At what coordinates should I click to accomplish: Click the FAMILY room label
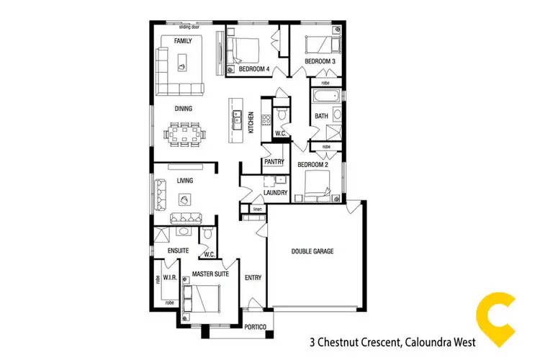point(182,41)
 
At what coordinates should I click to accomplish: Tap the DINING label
point(184,109)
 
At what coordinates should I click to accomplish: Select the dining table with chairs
point(186,132)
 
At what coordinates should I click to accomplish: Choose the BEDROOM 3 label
point(320,63)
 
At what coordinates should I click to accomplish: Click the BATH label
point(322,116)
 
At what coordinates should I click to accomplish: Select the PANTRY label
point(274,161)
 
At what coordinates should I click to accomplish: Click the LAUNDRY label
point(275,193)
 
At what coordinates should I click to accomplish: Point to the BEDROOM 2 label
point(312,165)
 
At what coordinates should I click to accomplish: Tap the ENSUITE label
point(178,250)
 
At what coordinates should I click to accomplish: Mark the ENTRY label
point(253,277)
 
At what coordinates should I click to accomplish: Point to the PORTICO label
point(255,328)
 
